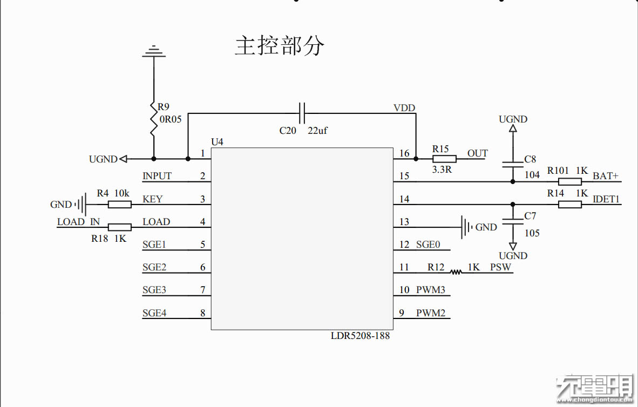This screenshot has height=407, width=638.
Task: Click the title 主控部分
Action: (x=280, y=46)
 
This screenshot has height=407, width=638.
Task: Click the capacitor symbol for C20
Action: (x=302, y=113)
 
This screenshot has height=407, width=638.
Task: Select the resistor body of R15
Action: (x=444, y=159)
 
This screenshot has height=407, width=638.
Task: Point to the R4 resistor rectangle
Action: (x=119, y=205)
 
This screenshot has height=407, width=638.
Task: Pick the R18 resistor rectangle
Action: (x=119, y=227)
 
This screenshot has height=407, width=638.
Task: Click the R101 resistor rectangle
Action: (x=569, y=181)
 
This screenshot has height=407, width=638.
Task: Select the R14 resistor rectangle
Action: (x=569, y=204)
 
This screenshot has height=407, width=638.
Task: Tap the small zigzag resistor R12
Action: (x=457, y=272)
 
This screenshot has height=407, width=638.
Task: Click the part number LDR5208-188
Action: (x=360, y=336)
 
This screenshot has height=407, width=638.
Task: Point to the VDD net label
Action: (x=404, y=108)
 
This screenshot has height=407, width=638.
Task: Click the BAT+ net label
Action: (x=606, y=176)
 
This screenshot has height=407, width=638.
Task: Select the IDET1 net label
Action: (x=606, y=199)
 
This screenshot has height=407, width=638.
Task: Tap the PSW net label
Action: (x=500, y=267)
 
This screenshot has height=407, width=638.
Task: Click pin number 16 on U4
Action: (x=404, y=154)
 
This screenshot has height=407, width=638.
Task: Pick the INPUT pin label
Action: (x=157, y=176)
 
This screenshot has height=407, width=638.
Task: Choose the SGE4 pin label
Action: (x=154, y=313)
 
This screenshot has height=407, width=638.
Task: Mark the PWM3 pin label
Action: (x=430, y=290)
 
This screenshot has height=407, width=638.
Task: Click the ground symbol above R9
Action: (x=154, y=51)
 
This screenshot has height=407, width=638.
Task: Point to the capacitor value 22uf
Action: (x=317, y=131)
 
